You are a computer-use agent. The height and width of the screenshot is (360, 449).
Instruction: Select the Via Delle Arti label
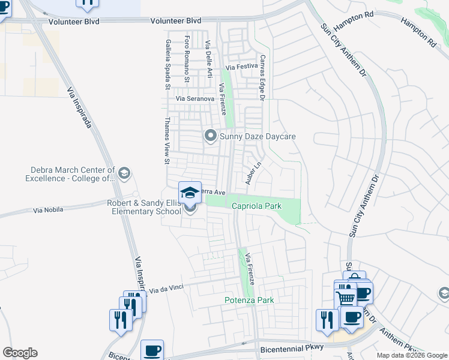coord(209,59)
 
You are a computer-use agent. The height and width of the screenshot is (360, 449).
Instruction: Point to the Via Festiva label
coord(241,67)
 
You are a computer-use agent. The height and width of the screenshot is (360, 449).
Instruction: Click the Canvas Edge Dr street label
coord(262,77)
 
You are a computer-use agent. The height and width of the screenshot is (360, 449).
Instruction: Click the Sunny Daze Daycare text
coord(258,137)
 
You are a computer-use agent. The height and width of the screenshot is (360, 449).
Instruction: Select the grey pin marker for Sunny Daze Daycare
coord(210,137)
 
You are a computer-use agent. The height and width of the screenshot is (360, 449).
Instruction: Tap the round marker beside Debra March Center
coord(124,174)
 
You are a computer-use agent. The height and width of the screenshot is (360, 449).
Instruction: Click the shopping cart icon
coord(345,298)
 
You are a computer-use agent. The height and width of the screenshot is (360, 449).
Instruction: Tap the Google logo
coord(20,353)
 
